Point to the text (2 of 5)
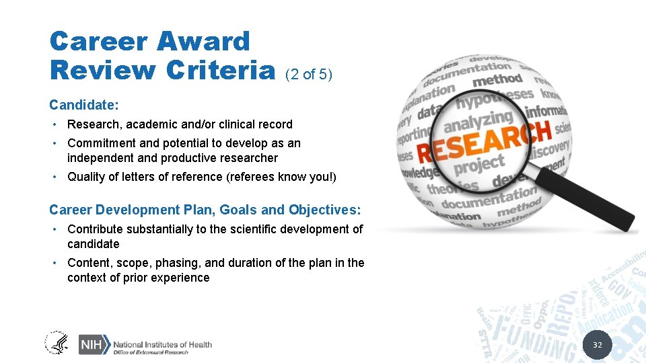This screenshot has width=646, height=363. point(310,74)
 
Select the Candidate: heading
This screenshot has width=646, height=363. point(84,105)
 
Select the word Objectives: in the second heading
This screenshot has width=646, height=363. point(324,210)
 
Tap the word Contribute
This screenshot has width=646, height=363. point(95,229)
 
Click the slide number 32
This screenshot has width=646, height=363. point(597,346)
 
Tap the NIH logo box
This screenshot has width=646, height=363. point(93,344)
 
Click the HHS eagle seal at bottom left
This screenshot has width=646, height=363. point(57,343)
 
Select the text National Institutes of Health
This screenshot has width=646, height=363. point(162,344)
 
